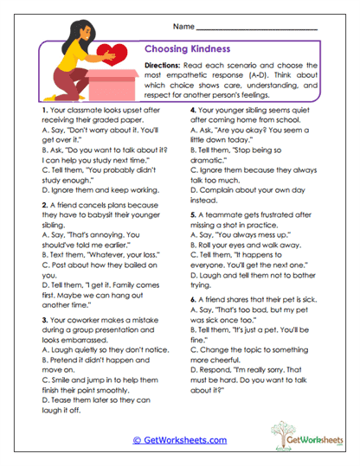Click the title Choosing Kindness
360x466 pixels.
185,49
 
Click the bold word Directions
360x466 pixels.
162,66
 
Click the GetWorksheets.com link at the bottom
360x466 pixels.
179,440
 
